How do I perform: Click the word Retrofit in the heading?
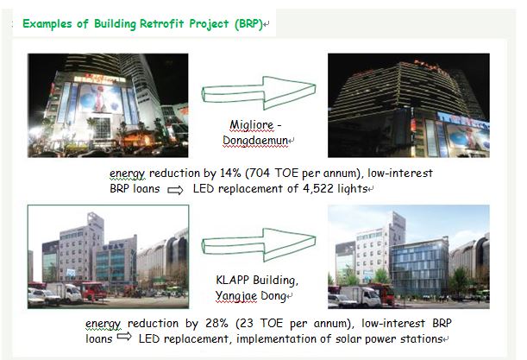(x=161, y=24)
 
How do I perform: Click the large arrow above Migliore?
(x=259, y=93)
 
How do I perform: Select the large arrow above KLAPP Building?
(x=259, y=245)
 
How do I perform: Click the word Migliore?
(x=251, y=125)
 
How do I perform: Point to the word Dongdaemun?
(x=255, y=141)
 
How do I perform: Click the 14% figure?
(x=230, y=173)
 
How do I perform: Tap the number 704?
(x=259, y=173)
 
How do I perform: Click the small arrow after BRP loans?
(x=175, y=191)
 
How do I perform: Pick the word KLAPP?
(x=232, y=280)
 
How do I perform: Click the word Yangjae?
(x=236, y=296)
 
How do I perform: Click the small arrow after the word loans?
(x=124, y=336)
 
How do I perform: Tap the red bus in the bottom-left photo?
(x=92, y=291)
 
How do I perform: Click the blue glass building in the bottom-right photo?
(x=419, y=268)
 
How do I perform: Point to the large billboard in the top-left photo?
(x=101, y=98)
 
